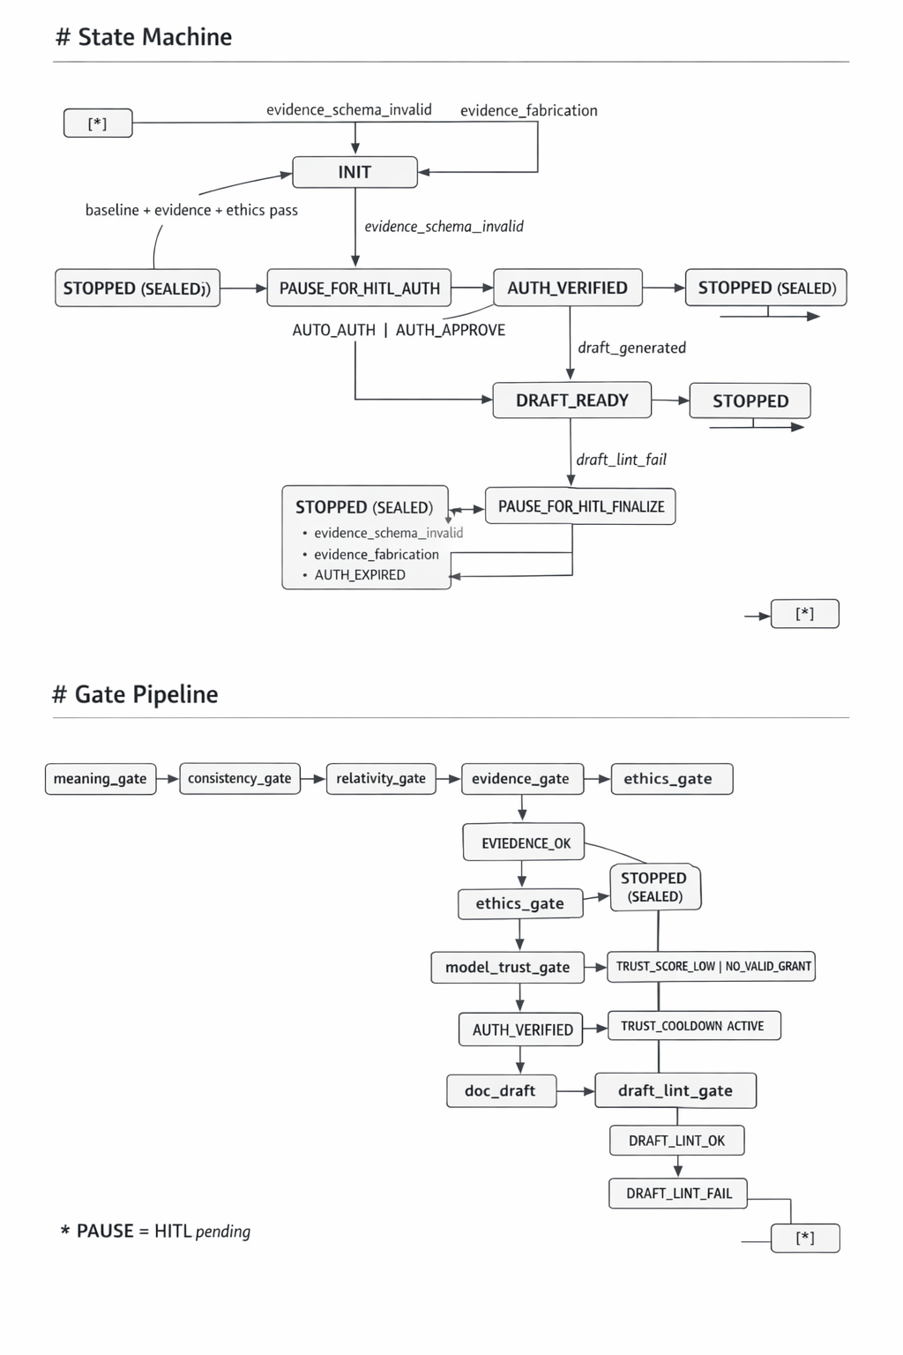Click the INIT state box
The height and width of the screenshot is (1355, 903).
coord(354,172)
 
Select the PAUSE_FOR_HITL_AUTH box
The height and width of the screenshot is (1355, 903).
coord(359,288)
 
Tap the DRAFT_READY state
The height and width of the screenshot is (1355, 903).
coord(571,401)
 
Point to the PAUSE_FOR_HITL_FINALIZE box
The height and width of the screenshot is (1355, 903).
coord(580,506)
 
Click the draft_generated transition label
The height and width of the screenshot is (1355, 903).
coord(631,348)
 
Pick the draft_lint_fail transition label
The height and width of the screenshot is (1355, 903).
coord(621,460)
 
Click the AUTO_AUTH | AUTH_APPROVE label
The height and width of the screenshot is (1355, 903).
coord(399,330)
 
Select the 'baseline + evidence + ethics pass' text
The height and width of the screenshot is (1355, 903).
coord(191,210)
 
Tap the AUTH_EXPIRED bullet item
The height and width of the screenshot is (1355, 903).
coord(360,575)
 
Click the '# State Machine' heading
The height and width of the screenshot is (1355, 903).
coord(144,37)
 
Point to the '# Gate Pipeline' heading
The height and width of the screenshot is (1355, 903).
coord(135,694)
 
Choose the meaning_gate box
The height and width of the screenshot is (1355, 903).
coord(101,779)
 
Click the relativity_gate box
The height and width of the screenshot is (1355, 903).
coord(381,779)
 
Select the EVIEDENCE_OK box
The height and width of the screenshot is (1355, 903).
coord(525,843)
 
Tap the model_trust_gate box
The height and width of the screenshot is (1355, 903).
coord(507,967)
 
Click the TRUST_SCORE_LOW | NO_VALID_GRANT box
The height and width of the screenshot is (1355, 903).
coord(713,966)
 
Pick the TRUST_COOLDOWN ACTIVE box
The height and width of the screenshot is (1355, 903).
coord(693,1026)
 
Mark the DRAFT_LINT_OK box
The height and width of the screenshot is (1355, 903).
coord(676,1141)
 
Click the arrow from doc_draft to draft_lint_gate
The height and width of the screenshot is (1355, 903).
coord(576,1091)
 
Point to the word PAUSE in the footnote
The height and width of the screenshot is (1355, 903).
coord(105,1231)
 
